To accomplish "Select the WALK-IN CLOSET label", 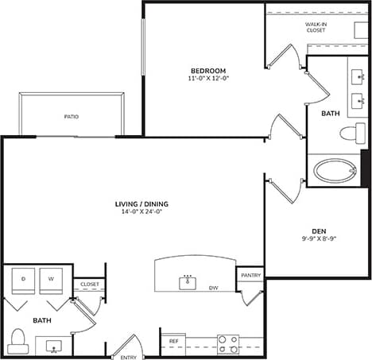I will pyautogui.click(x=316, y=28).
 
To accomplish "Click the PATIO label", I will pyautogui.click(x=72, y=116).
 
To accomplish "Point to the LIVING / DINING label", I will pyautogui.click(x=141, y=203).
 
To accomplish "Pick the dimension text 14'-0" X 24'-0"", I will pyautogui.click(x=141, y=212).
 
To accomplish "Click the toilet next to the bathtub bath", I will pyautogui.click(x=349, y=133).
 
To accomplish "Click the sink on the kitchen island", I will pyautogui.click(x=188, y=282).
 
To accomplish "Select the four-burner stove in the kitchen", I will pyautogui.click(x=228, y=343).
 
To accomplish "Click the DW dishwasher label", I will pyautogui.click(x=213, y=288).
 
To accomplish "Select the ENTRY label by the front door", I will pyautogui.click(x=128, y=357).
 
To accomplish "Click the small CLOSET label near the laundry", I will pyautogui.click(x=89, y=284).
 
